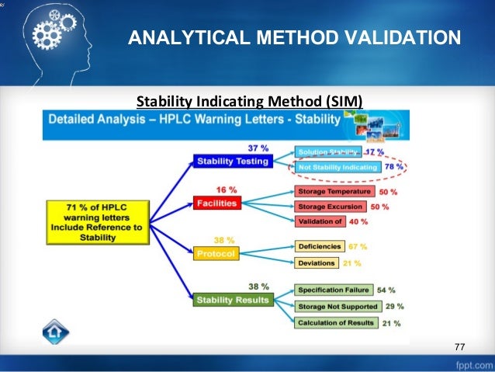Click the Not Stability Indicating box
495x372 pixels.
(336, 167)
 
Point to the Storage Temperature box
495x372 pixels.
(333, 192)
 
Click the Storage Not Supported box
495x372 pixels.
(334, 306)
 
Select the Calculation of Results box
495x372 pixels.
(334, 322)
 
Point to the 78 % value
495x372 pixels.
(395, 167)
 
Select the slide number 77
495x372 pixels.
(459, 346)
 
